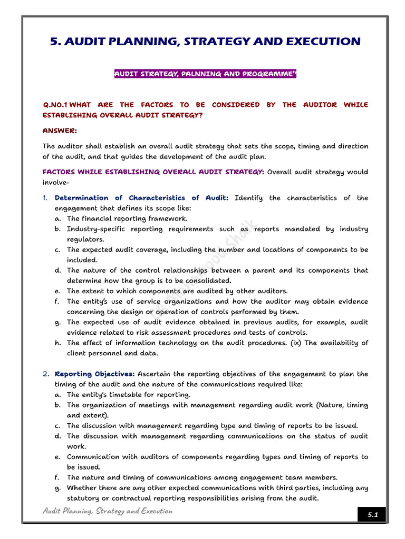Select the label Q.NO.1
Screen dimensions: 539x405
pos(55,105)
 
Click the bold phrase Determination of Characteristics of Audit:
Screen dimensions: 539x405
pos(141,198)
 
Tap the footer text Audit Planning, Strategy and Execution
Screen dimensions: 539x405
pos(107,511)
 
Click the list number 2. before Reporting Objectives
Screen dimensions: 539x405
pos(46,374)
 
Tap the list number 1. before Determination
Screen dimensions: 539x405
pos(45,198)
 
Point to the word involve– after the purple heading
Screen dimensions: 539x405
pos(56,182)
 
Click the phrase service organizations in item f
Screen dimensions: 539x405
pos(143,302)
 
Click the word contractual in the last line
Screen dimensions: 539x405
pos(133,498)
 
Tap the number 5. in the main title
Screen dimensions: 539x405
pos(55,42)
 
